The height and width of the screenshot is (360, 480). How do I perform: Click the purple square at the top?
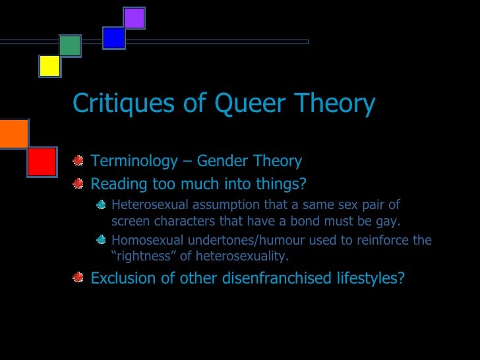pyautogui.click(x=134, y=18)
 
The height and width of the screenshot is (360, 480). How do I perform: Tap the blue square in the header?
pyautogui.click(x=114, y=38)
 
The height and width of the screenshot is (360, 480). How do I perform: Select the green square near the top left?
pyautogui.click(x=70, y=45)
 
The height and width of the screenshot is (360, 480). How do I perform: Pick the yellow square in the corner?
pyautogui.click(x=49, y=66)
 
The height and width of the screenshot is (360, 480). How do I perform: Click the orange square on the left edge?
pyautogui.click(x=13, y=134)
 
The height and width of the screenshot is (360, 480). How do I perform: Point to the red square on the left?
pyautogui.click(x=42, y=162)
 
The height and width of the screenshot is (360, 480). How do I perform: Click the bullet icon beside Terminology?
pyautogui.click(x=78, y=161)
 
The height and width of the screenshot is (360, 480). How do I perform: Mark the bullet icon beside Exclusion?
pyautogui.click(x=78, y=277)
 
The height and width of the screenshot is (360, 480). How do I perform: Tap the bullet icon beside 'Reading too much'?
pyautogui.click(x=78, y=182)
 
